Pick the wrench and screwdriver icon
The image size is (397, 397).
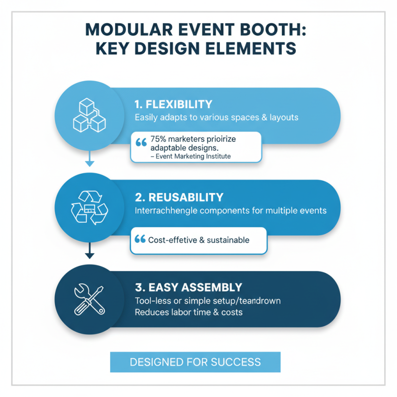[x=90, y=299]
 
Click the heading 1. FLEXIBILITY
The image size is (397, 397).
[x=173, y=105]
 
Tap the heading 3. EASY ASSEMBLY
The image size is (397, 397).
[x=188, y=287]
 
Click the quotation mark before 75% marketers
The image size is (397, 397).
[x=140, y=142]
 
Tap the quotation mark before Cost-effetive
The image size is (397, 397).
[x=140, y=239]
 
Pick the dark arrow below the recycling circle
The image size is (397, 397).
[x=89, y=254]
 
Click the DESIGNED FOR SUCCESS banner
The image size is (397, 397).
[x=195, y=362]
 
